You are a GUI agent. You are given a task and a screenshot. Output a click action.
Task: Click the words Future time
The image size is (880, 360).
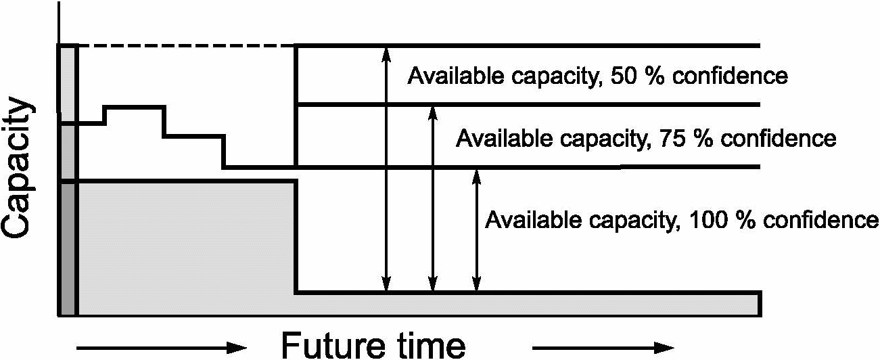point(373,345)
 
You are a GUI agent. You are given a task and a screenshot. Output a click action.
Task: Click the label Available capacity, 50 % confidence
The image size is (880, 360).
point(597,75)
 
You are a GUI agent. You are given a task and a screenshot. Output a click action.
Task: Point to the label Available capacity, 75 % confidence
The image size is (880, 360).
point(646,139)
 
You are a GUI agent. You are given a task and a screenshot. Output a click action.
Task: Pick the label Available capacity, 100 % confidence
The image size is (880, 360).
point(682,220)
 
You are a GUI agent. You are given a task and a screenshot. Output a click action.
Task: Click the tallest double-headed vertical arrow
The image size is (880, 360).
point(386,169)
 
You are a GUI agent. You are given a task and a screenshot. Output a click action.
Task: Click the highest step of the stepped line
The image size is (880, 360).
point(135,106)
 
